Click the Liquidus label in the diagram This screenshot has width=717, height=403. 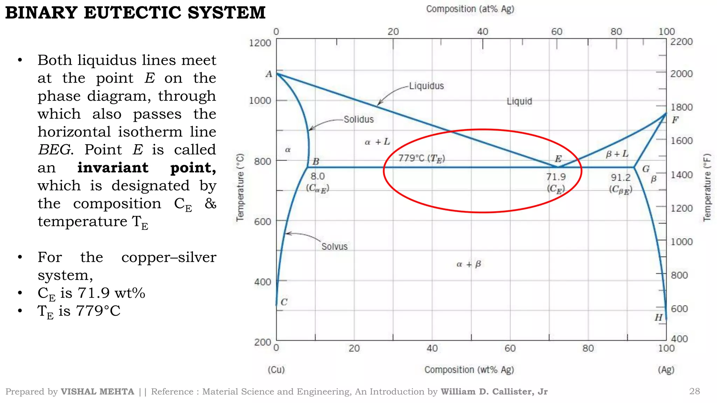[x=426, y=86]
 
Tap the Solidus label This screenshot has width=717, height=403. [x=358, y=120]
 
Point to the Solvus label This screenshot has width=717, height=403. [x=334, y=247]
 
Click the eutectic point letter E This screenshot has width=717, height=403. [x=558, y=159]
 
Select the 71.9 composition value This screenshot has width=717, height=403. [x=556, y=177]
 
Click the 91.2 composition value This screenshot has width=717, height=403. [x=621, y=178]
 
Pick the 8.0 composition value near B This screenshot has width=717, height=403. [x=318, y=176]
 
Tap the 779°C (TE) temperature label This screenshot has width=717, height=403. [x=422, y=158]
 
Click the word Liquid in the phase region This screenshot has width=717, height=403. [x=519, y=101]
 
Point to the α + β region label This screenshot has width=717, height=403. [x=469, y=264]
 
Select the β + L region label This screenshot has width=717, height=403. [x=617, y=154]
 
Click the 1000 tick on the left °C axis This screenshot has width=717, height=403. [x=260, y=101]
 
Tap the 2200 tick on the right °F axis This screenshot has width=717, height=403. [x=681, y=42]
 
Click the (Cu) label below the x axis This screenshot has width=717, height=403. [x=276, y=370]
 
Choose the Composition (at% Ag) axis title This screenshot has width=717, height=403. [x=470, y=9]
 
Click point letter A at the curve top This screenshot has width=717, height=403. [x=269, y=74]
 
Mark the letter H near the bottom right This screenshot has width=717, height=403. [x=659, y=317]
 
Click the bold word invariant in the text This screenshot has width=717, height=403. [x=113, y=168]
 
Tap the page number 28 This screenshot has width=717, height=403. [x=694, y=391]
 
